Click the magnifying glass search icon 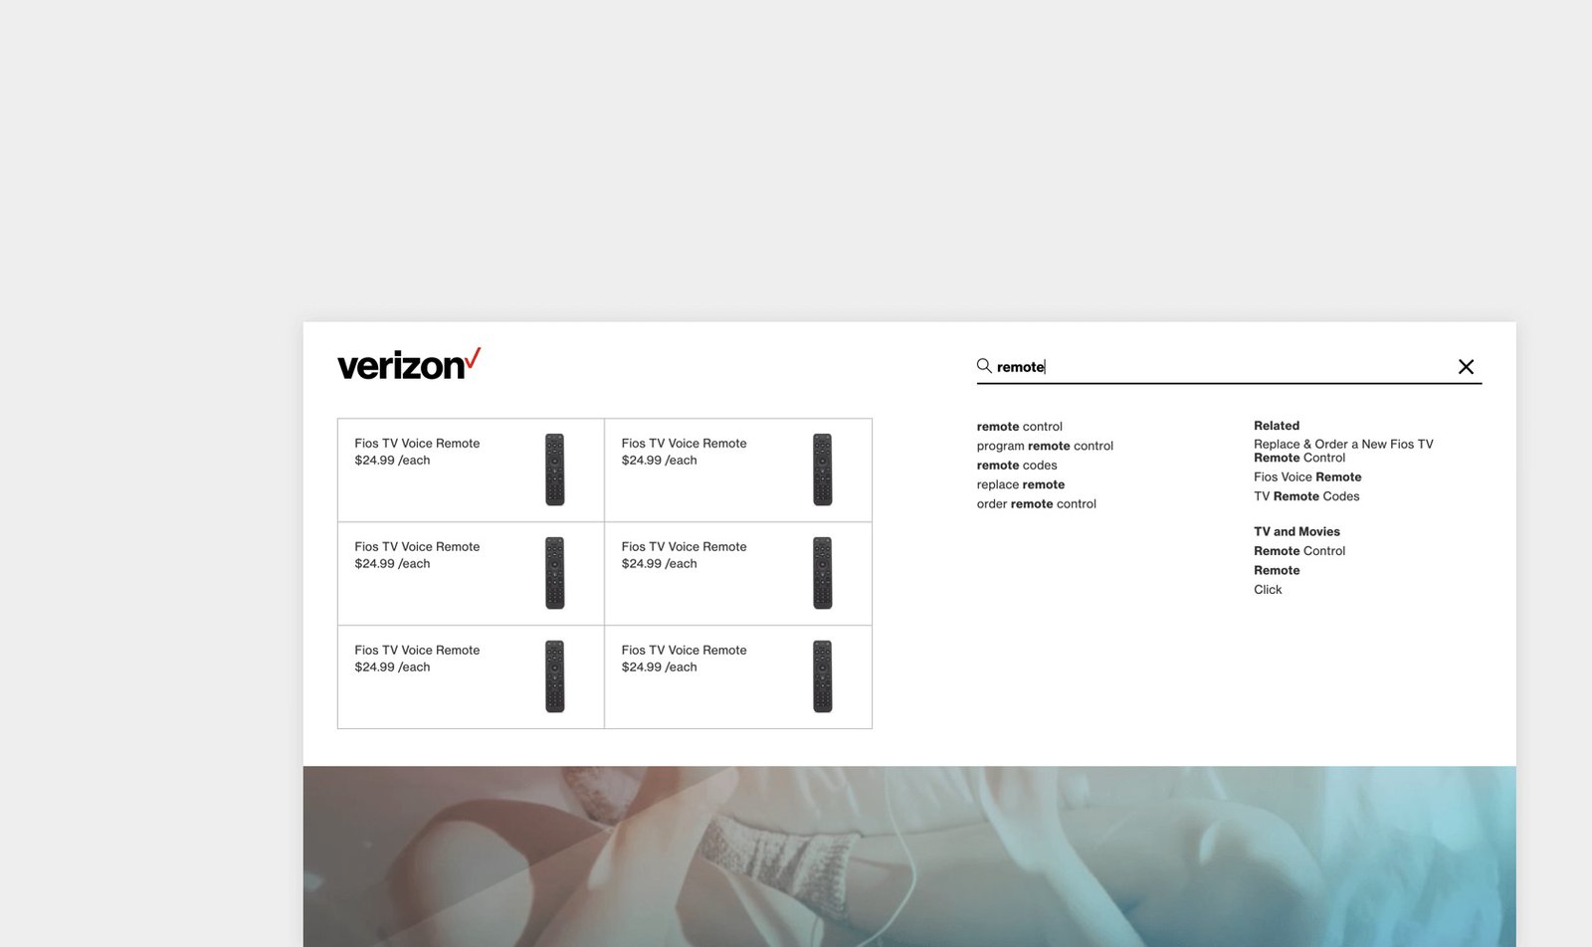tap(984, 366)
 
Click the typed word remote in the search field tap(1020, 367)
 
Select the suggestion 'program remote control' tap(1045, 446)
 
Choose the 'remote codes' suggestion tap(1017, 466)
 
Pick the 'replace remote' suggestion tap(1021, 484)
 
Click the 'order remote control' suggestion tap(1036, 504)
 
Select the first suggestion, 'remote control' tap(1019, 427)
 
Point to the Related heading tap(1277, 426)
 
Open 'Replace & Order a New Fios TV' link tap(1343, 445)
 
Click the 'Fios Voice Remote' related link tap(1307, 477)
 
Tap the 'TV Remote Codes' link tap(1306, 496)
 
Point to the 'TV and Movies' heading tap(1296, 532)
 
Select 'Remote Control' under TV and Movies tap(1299, 551)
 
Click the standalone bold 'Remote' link tap(1277, 571)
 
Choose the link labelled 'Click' tap(1268, 590)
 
